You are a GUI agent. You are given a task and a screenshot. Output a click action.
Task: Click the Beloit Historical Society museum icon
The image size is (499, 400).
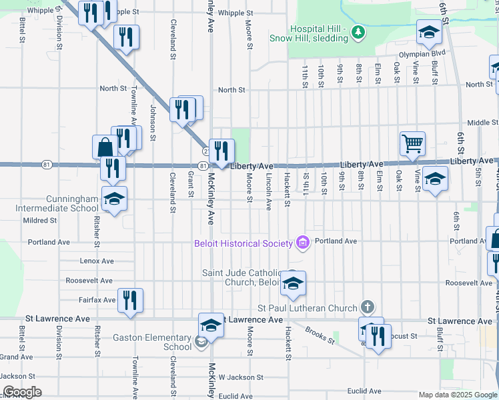[x=303, y=243]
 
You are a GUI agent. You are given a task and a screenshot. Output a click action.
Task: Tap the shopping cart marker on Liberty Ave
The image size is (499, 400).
[x=412, y=143]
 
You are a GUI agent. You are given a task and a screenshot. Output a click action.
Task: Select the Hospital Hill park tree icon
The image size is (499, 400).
[x=358, y=32]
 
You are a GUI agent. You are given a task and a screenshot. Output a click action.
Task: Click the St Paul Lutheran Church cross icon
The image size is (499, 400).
[x=366, y=307]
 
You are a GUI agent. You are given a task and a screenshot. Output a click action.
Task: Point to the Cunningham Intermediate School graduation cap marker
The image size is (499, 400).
[x=114, y=199]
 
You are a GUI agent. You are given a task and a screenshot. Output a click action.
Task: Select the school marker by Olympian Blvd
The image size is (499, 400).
[x=429, y=32]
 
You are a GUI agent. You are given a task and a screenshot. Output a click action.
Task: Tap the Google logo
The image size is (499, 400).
[x=22, y=392]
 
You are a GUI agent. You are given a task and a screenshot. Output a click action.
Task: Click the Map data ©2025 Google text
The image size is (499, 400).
[x=458, y=395]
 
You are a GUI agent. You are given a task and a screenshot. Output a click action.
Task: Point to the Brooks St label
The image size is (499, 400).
[x=320, y=335]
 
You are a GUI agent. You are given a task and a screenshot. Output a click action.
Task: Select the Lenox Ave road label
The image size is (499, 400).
[x=97, y=261]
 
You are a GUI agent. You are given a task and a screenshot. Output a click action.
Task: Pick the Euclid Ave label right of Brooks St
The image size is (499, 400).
[x=363, y=391]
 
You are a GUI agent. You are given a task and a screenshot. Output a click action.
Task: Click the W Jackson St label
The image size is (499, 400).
[x=240, y=377]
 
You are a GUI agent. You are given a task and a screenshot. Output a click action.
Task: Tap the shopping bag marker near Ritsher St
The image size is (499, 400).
[x=105, y=147]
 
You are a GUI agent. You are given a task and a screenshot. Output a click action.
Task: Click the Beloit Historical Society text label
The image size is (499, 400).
[x=243, y=243]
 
